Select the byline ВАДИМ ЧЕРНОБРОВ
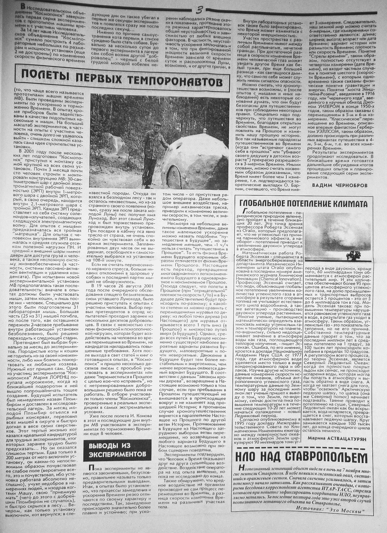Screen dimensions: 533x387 (340, 185)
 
